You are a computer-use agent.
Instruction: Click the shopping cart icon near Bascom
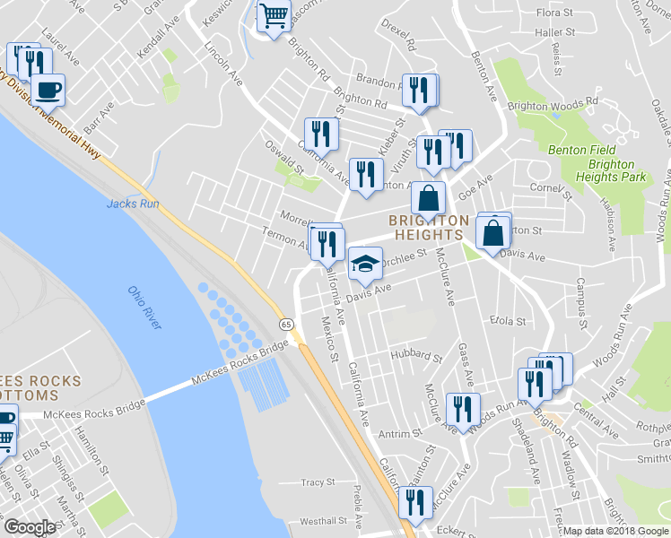click(274, 15)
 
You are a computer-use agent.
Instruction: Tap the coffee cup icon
click(48, 91)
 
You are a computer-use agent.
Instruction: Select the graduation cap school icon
click(363, 264)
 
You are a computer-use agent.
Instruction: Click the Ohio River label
click(144, 308)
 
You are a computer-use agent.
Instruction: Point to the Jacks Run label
click(132, 204)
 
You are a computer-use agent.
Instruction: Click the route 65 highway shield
click(285, 324)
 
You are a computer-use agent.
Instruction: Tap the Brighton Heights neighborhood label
click(428, 227)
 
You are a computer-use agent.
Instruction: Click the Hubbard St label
click(416, 356)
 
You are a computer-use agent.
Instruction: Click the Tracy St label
click(318, 482)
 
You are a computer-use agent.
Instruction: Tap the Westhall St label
click(323, 521)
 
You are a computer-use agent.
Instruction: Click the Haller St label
click(553, 32)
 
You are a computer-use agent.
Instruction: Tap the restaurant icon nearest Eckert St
click(415, 502)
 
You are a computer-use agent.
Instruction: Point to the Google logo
click(30, 527)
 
